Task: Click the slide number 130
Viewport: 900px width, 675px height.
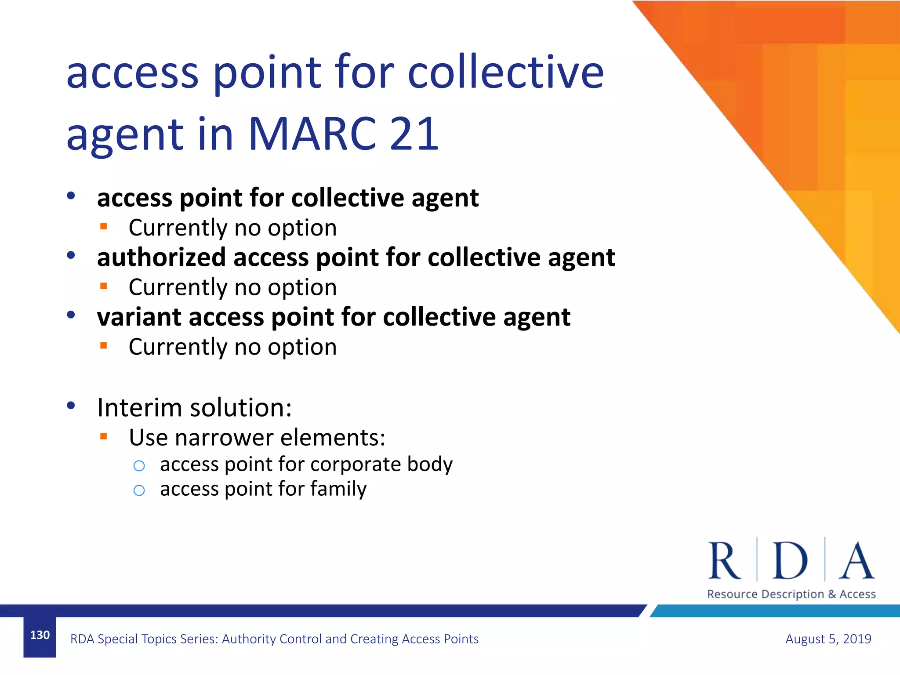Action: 40,635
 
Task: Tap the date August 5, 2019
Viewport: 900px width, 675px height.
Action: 828,639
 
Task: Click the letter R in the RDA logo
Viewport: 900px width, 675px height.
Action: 724,561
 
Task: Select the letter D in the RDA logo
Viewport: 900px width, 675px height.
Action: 790,561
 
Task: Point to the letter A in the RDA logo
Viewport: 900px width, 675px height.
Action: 856,561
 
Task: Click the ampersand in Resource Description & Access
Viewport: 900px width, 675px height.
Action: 832,594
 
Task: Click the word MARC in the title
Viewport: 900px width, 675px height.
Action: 312,134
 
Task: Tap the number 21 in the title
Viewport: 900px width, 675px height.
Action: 414,134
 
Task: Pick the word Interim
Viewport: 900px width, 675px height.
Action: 140,407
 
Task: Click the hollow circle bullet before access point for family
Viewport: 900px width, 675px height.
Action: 139,490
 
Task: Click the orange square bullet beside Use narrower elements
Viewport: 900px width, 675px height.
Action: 104,436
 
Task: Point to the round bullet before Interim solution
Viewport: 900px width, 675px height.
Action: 71,406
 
